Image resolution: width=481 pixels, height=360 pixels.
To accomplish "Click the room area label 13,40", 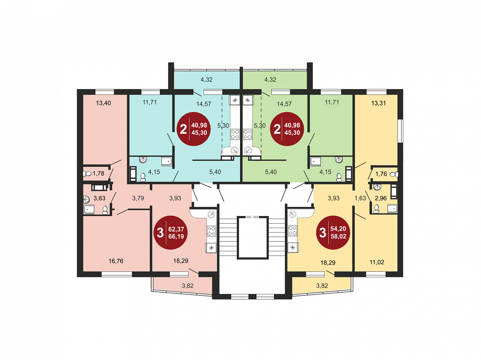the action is pos(103,103).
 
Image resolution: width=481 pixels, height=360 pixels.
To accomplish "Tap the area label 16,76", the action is pos(116,261).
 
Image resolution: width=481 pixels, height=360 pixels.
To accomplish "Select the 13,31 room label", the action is pos(378,103).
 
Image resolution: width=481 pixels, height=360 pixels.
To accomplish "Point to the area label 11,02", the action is pos(377,262).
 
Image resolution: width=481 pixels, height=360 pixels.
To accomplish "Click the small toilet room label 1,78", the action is pos(98,174).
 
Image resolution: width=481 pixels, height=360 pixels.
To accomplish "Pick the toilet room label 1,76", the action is pos(381,174).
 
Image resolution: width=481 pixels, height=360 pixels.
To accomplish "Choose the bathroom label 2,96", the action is pos(381,198).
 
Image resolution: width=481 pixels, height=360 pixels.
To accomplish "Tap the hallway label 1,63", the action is pos(360,198).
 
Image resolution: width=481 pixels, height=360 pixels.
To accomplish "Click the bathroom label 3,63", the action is pos(99,198).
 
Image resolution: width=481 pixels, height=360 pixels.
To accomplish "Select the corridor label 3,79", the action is pos(138,198).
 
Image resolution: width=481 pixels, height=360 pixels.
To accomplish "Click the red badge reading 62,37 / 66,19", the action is pos(171,233).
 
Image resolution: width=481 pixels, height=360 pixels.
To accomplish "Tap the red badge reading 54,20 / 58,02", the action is pos(333,233).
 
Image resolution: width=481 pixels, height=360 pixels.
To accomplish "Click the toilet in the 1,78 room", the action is pos(87,174).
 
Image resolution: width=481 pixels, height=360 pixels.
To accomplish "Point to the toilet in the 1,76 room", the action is pos(394,174).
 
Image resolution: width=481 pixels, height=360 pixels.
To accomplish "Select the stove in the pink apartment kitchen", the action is pos(211,231).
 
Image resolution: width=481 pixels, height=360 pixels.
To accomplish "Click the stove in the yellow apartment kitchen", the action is pos(292,231).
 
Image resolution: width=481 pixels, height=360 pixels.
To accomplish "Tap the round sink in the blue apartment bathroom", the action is pos(143,160).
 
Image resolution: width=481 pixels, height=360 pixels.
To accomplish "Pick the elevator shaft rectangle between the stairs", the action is pos(253,237).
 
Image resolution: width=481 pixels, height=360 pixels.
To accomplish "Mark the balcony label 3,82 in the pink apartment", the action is pos(187,285).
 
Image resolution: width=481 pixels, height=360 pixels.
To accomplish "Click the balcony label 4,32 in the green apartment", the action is pos(270,79).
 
